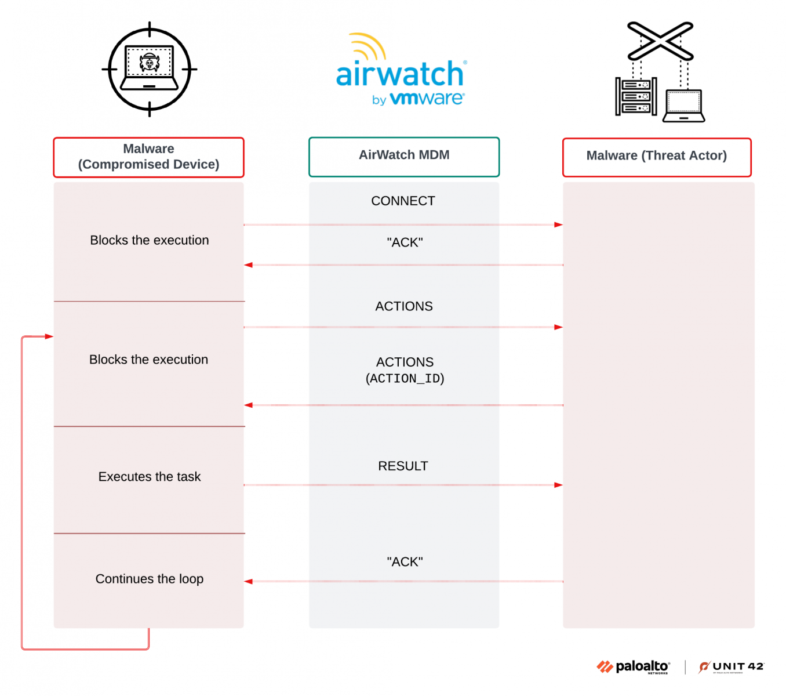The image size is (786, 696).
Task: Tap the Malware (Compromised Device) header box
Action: [x=148, y=157]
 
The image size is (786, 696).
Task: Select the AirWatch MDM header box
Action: [x=404, y=157]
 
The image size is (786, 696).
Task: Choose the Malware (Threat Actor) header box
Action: [x=657, y=157]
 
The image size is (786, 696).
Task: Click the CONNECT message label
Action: [x=403, y=201]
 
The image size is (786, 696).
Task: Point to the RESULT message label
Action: [x=403, y=466]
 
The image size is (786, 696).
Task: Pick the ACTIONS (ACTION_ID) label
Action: [x=405, y=370]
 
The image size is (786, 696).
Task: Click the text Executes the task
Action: [x=150, y=477]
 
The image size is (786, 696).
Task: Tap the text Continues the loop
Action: [x=150, y=579]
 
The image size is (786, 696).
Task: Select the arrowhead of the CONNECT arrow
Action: [x=558, y=224]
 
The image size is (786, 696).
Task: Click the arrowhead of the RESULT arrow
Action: [x=558, y=485]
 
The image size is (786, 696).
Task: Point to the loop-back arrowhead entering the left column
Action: [x=49, y=336]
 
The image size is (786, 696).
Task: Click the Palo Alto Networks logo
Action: [x=634, y=667]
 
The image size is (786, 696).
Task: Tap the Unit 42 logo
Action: [x=732, y=667]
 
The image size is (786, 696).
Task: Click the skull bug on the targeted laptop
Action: [x=150, y=63]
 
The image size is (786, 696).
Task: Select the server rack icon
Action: [x=636, y=96]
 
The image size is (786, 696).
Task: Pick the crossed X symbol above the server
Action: [x=660, y=41]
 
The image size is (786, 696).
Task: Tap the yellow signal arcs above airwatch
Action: [x=369, y=45]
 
